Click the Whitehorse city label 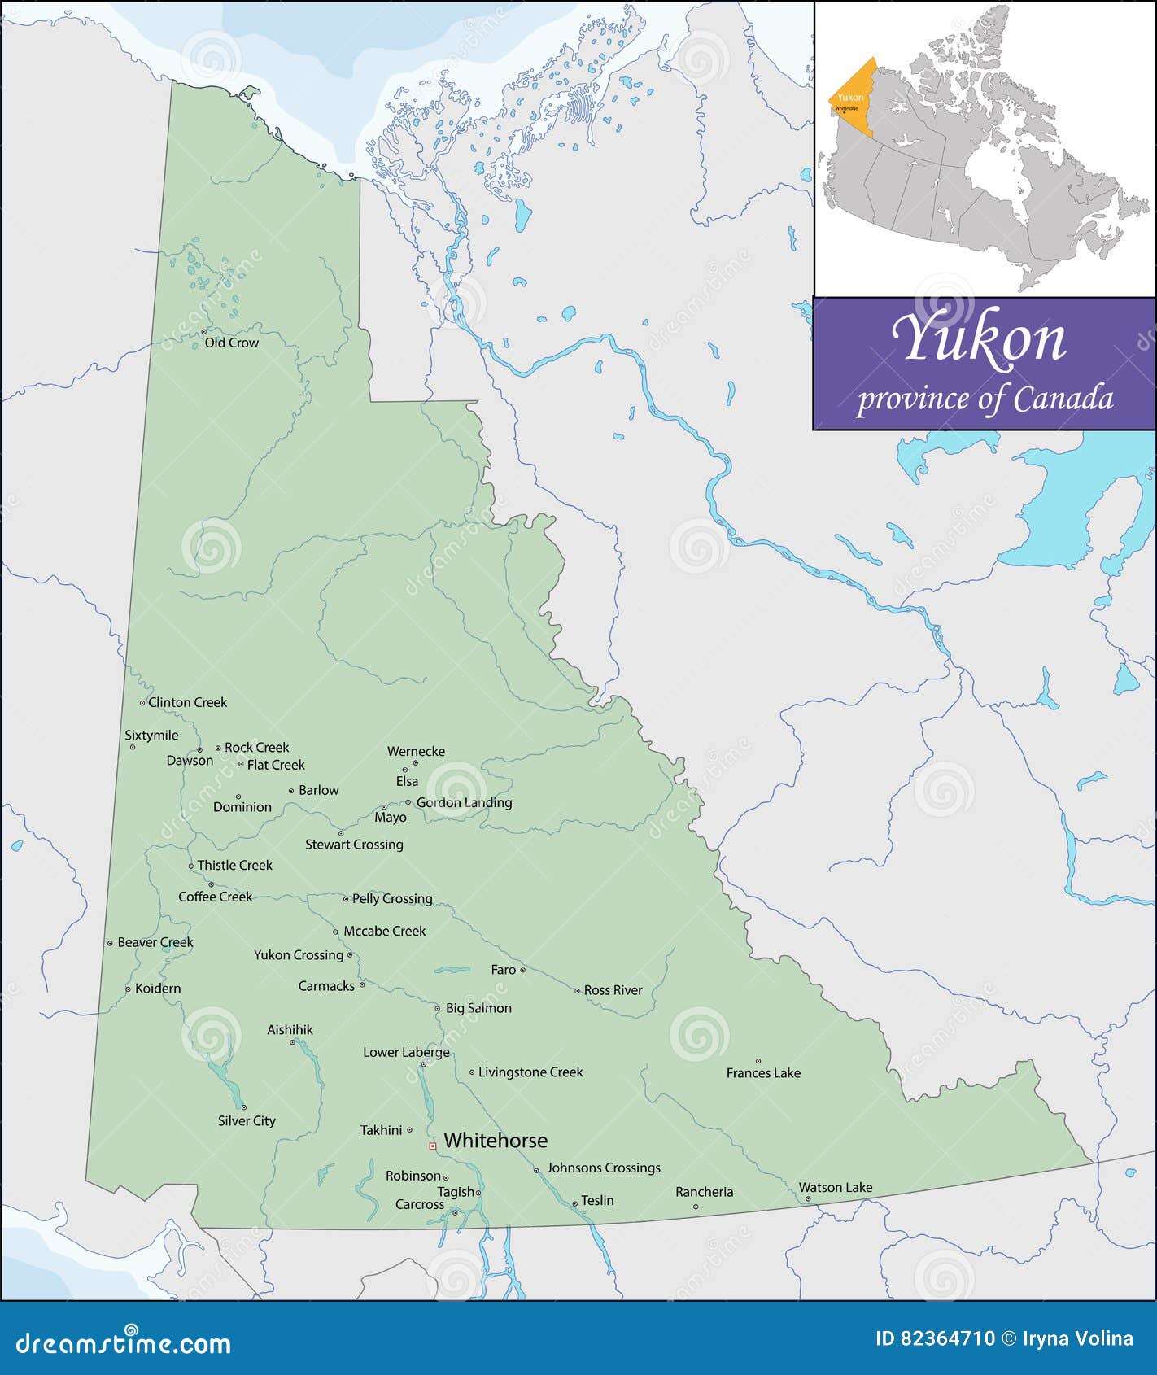(x=495, y=1141)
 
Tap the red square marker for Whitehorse (x=432, y=1146)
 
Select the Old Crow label (x=231, y=343)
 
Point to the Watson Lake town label (x=835, y=1187)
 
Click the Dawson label (x=190, y=761)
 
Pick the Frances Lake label (x=763, y=1073)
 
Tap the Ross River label (x=613, y=990)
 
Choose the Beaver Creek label (x=155, y=942)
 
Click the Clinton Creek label (x=187, y=702)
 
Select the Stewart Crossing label (x=354, y=845)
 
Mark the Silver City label (x=247, y=1120)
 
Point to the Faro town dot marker (x=522, y=970)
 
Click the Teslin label (x=597, y=1200)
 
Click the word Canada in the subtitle (x=1063, y=399)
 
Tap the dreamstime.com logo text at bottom (x=123, y=1342)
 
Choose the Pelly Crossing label (x=391, y=898)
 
